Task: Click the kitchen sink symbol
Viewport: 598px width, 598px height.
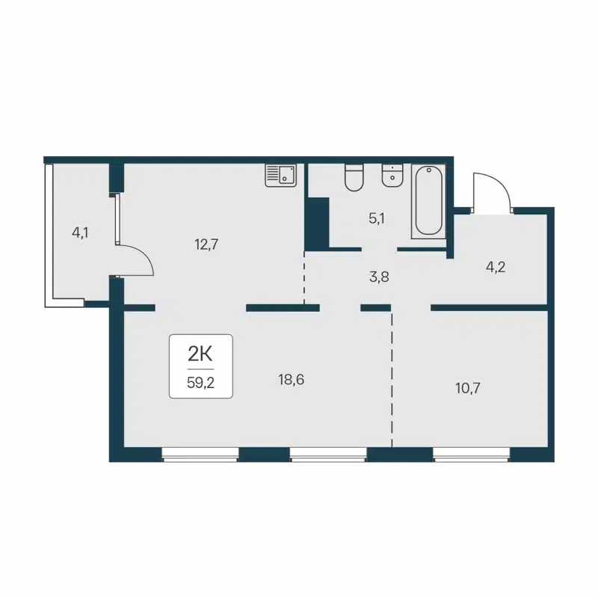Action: pyautogui.click(x=281, y=175)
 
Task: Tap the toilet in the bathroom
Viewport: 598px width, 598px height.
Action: pyautogui.click(x=354, y=177)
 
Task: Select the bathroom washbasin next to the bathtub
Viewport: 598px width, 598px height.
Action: pyautogui.click(x=392, y=176)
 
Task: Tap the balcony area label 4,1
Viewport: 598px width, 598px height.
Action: pyautogui.click(x=80, y=232)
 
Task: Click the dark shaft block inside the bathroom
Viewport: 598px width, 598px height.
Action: pyautogui.click(x=317, y=222)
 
